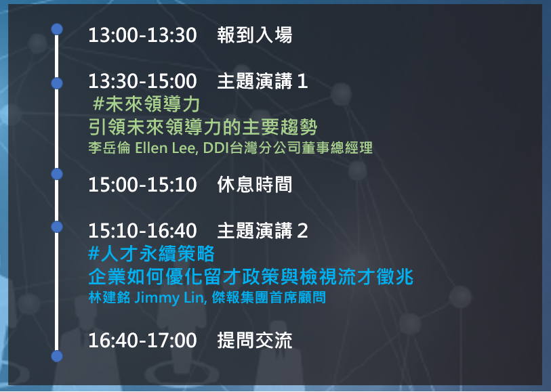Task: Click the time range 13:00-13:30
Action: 142,35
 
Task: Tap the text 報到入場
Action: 255,35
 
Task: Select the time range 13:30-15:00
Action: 142,81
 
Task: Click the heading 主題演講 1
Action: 262,81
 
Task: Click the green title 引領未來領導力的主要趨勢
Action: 203,127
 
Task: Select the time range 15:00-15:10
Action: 142,185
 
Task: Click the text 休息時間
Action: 255,185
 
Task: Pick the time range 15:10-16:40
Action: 142,231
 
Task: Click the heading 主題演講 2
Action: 262,231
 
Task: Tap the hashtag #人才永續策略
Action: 151,254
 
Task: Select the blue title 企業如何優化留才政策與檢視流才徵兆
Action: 251,277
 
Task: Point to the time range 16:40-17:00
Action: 142,341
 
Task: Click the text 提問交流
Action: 255,341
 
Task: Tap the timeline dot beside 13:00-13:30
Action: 57,29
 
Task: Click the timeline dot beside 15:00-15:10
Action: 57,174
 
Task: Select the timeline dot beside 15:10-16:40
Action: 57,227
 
